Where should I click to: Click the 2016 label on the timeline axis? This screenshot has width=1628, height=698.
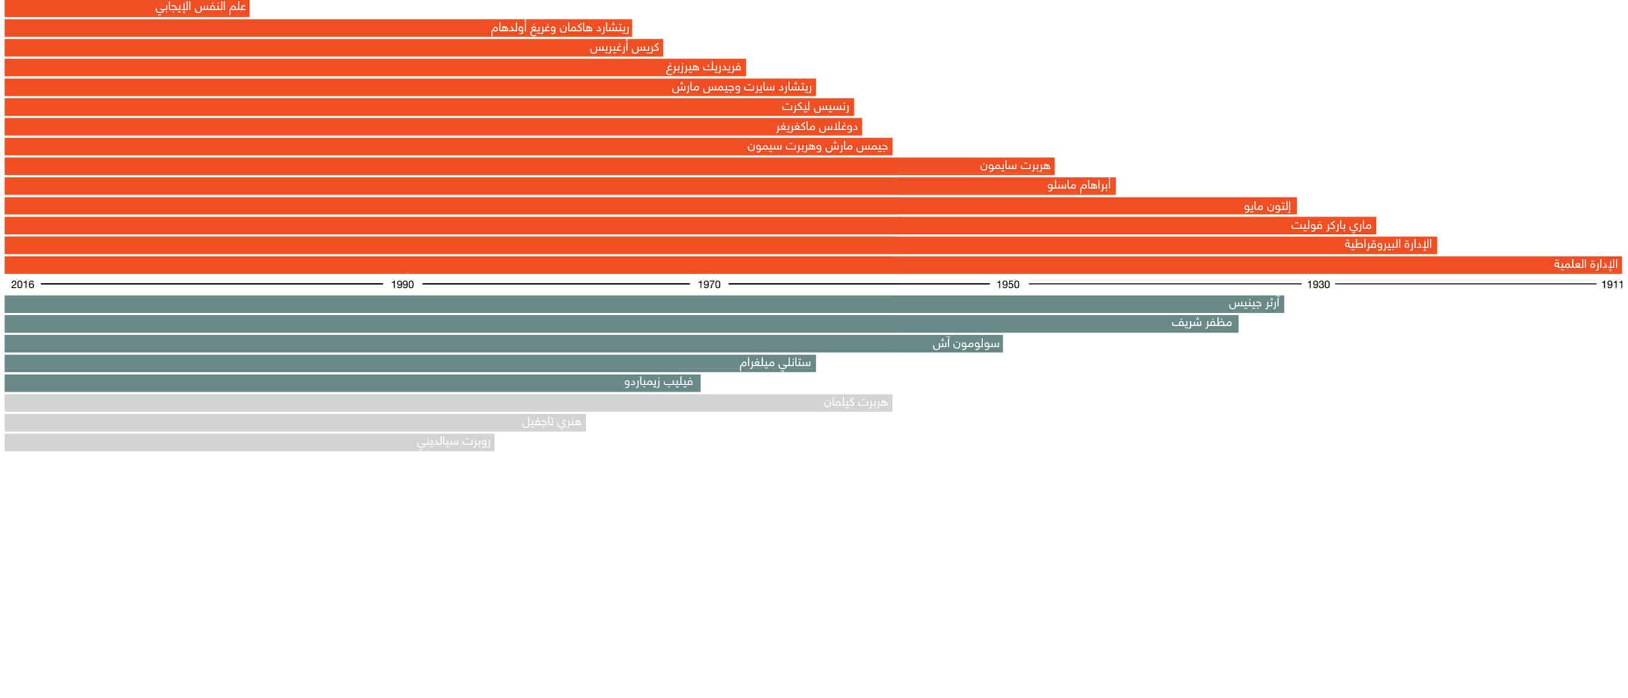(23, 284)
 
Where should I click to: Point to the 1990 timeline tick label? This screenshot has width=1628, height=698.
(402, 284)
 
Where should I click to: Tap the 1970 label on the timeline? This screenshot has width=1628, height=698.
(709, 284)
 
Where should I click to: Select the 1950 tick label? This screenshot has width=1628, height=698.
(1008, 284)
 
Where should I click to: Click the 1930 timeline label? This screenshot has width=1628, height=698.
(1318, 284)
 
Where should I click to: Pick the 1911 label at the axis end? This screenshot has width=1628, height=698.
(1612, 284)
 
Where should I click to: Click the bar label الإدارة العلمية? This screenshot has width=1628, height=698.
(1586, 264)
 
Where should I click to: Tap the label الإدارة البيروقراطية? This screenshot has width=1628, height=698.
(1388, 244)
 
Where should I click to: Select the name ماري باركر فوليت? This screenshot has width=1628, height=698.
(1331, 225)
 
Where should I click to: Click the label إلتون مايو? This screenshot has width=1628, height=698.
(1268, 206)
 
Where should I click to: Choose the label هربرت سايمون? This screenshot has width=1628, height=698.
(1015, 166)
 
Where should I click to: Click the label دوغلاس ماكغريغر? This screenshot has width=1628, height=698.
(816, 126)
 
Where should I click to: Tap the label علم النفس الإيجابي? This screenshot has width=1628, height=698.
(201, 8)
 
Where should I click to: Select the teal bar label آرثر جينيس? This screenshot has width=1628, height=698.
(1254, 304)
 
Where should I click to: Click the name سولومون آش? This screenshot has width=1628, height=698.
(966, 343)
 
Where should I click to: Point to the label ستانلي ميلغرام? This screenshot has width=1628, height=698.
(775, 363)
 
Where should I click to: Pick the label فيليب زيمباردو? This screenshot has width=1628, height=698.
(659, 382)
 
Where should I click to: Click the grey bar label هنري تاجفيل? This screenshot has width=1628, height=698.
(551, 422)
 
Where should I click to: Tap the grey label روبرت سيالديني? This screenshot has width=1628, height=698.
(453, 441)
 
